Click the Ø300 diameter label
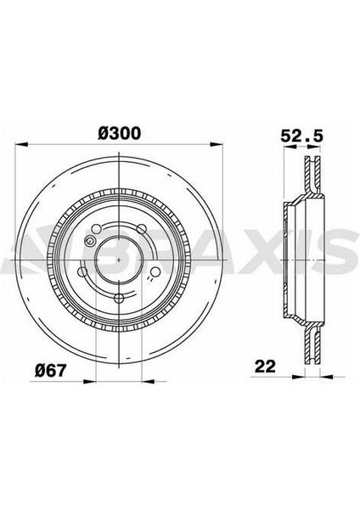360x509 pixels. click(119, 133)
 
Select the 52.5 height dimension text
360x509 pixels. click(298, 133)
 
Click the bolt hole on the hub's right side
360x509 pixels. click(155, 271)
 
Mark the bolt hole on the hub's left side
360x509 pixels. click(82, 272)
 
